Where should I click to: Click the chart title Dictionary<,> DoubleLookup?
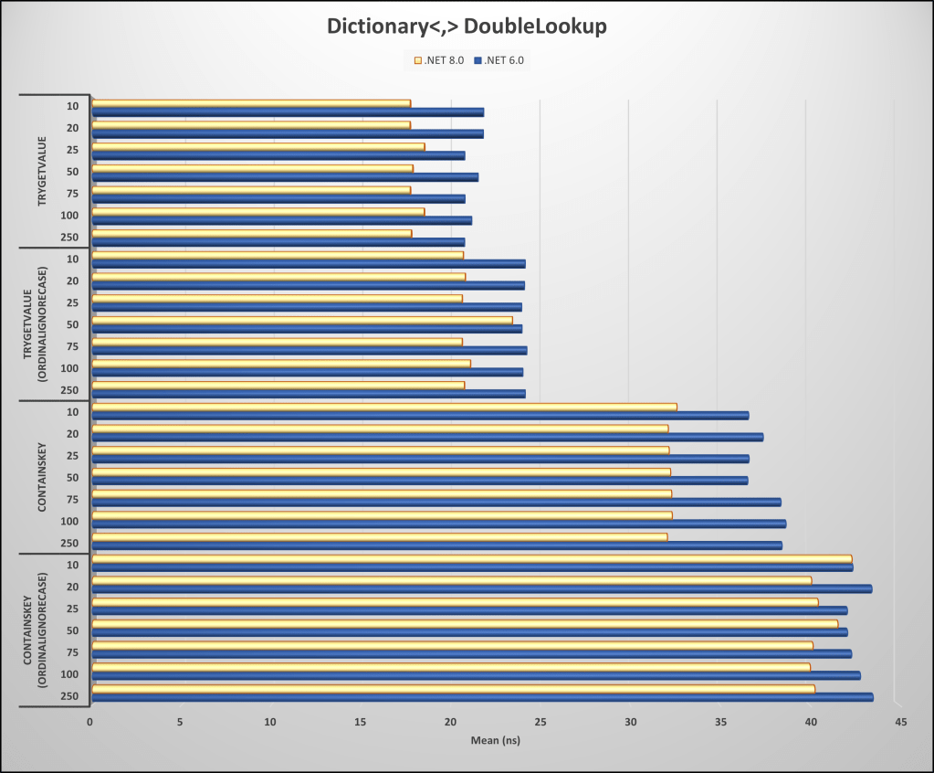click(467, 27)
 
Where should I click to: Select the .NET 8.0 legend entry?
click(440, 60)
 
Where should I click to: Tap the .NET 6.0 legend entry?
click(498, 60)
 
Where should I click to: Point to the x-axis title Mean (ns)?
click(495, 740)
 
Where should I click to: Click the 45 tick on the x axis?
click(899, 722)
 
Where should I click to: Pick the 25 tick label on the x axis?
click(540, 722)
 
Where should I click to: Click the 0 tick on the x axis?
click(90, 722)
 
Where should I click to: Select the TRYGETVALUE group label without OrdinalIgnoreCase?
click(43, 171)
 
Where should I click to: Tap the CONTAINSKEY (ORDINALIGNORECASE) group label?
click(34, 630)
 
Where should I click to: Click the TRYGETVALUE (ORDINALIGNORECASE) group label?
click(34, 323)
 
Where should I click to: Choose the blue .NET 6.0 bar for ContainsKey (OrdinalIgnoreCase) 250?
click(482, 697)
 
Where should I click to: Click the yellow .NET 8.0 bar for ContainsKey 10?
click(383, 407)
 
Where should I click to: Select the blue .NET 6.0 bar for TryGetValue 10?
click(288, 112)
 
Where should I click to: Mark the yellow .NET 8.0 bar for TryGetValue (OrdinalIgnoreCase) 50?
click(301, 320)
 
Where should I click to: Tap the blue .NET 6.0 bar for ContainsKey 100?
click(438, 524)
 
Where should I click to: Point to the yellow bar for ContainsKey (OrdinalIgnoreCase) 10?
click(471, 558)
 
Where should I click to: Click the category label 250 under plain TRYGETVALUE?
click(71, 238)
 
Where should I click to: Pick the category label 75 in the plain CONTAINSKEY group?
click(71, 500)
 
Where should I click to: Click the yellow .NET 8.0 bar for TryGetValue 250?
click(251, 233)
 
